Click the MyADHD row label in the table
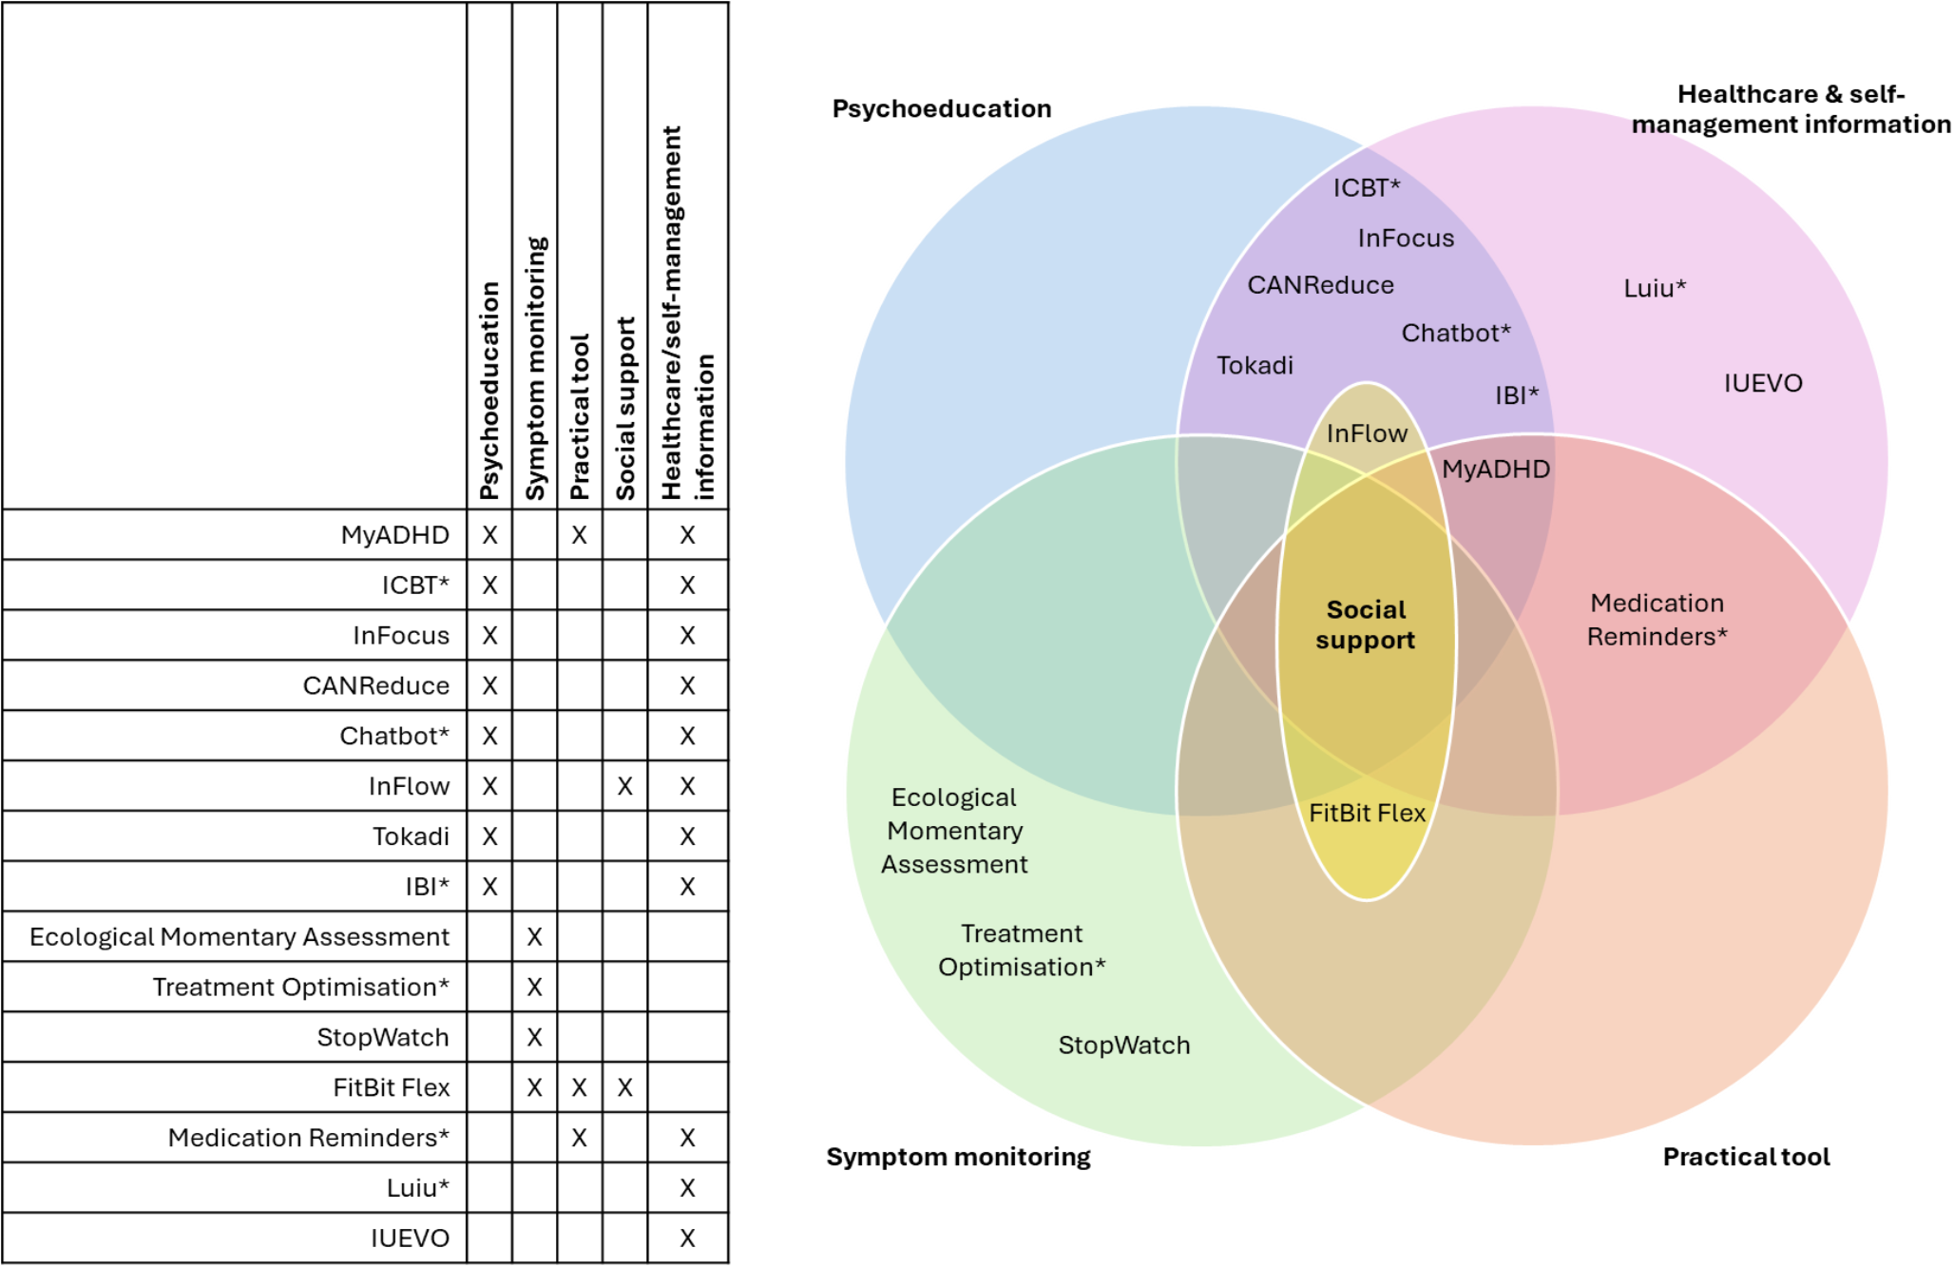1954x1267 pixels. click(394, 535)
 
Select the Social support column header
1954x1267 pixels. click(625, 409)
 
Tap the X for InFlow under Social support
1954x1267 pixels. click(624, 786)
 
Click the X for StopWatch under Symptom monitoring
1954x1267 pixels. click(534, 1037)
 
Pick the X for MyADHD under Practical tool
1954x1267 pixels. click(579, 535)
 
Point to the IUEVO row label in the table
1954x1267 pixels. click(410, 1238)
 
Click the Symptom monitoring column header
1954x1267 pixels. click(535, 369)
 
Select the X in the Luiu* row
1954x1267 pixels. click(687, 1188)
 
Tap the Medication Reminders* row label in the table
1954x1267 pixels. click(308, 1138)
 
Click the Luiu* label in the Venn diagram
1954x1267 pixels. click(1654, 288)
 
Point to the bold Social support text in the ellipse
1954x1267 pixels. click(1366, 624)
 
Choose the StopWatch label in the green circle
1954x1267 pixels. click(1123, 1046)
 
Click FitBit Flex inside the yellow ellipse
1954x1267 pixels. click(1367, 814)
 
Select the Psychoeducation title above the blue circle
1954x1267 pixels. click(941, 108)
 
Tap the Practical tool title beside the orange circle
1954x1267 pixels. click(1746, 1157)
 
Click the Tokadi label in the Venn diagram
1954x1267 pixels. click(1255, 366)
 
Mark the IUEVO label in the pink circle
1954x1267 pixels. click(1763, 383)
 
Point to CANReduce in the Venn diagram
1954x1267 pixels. click(1320, 285)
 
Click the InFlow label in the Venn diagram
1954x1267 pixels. click(1367, 433)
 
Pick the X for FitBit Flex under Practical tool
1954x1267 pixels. click(579, 1087)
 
